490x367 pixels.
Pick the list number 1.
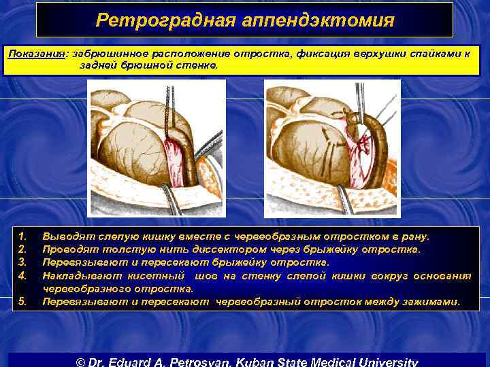click(x=22, y=237)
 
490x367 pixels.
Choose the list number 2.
click(x=22, y=249)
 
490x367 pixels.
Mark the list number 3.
click(x=22, y=262)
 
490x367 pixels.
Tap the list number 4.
click(x=22, y=275)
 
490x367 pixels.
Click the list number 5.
click(x=22, y=301)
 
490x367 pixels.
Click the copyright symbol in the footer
click(x=78, y=361)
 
